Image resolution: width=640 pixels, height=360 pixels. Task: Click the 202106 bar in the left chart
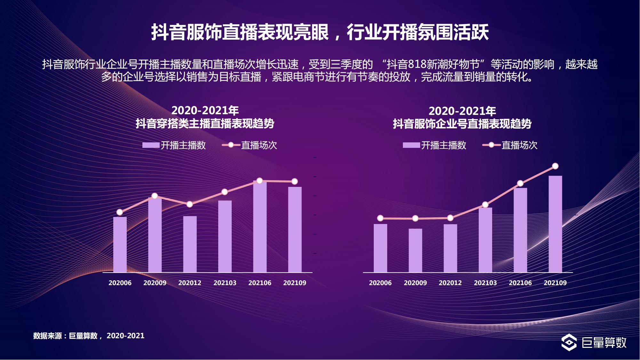click(x=260, y=227)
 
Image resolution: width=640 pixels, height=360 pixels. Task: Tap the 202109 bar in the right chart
click(x=555, y=224)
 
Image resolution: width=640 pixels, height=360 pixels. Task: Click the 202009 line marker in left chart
click(x=155, y=196)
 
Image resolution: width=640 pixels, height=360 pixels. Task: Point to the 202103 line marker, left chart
click(x=225, y=192)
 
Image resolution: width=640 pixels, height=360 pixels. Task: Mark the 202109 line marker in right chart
click(x=555, y=166)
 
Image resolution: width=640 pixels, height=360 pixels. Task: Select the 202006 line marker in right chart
click(x=380, y=218)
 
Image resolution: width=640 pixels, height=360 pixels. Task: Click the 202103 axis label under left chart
click(x=225, y=283)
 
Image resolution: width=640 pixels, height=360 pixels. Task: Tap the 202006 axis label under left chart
click(x=120, y=283)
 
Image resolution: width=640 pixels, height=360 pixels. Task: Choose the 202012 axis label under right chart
click(x=450, y=283)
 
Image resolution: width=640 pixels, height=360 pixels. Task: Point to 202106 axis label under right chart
click(x=520, y=283)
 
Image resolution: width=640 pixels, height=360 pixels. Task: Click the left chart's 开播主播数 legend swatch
click(x=151, y=145)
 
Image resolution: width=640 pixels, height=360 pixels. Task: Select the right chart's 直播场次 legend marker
click(x=491, y=145)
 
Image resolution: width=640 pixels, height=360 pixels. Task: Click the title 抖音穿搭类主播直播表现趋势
click(x=205, y=124)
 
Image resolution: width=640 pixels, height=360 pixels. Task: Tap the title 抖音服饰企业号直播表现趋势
click(x=462, y=124)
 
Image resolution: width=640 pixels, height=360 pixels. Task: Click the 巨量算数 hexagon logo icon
click(x=569, y=342)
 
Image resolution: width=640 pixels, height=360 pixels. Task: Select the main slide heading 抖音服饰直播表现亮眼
click(x=240, y=32)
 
